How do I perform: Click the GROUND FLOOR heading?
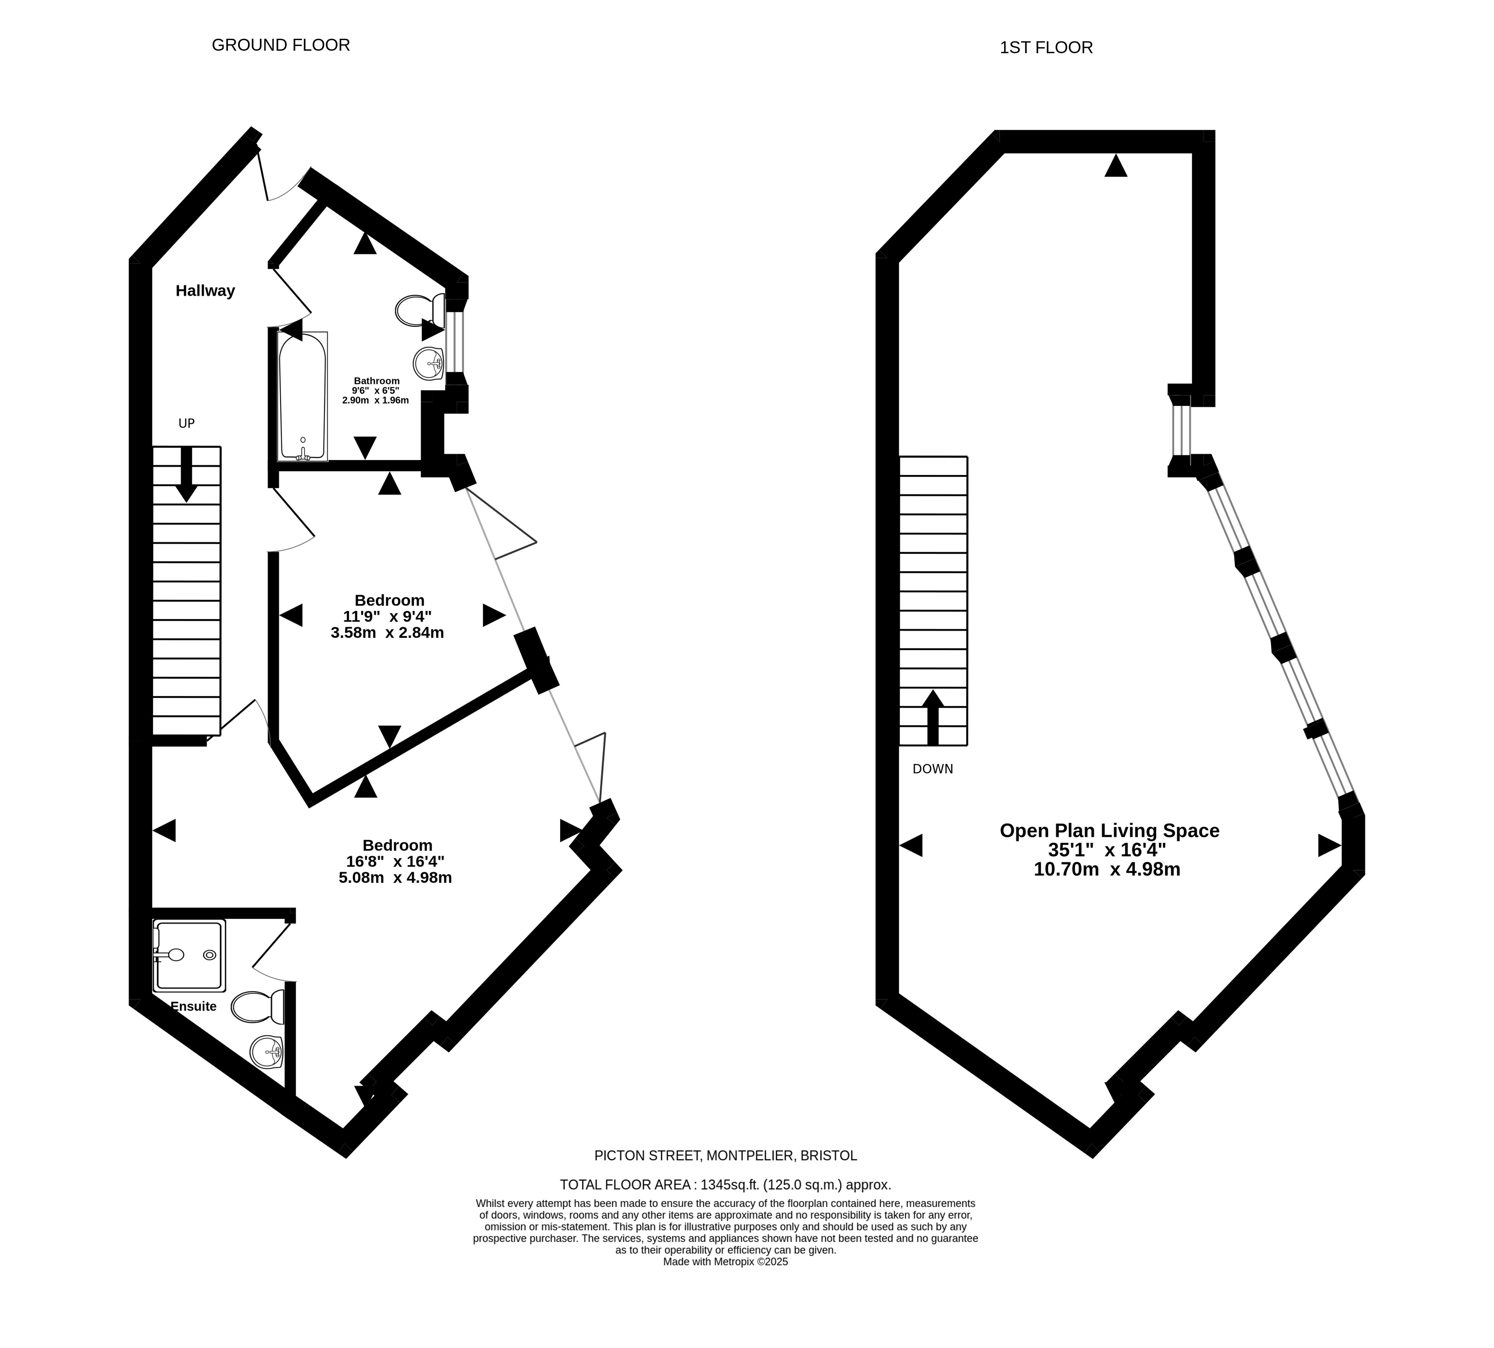point(281,45)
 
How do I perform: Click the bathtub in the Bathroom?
point(302,396)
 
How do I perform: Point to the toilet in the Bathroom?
point(420,310)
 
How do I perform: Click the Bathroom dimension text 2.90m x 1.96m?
point(376,400)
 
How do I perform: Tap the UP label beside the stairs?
point(187,423)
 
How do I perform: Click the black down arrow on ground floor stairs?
point(186,474)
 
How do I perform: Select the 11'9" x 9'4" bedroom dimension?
point(387,616)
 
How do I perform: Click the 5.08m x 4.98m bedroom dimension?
point(395,878)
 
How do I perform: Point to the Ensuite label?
point(193,1007)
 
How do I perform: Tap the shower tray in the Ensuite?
point(189,956)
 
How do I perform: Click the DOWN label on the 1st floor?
point(933,769)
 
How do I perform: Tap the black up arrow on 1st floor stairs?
point(933,717)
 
